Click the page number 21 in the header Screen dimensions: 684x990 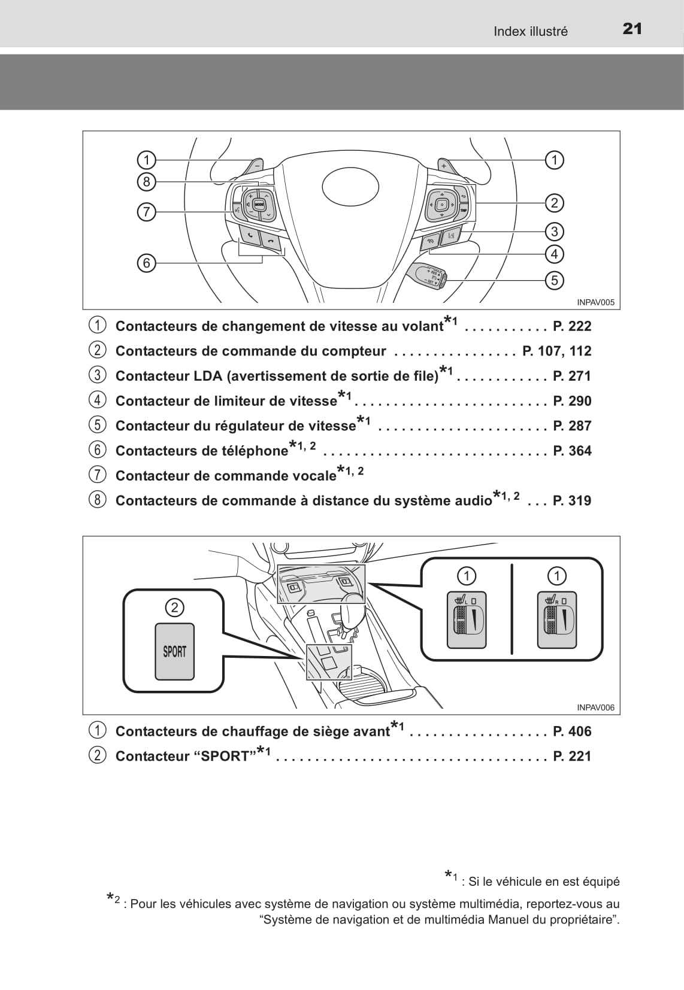632,29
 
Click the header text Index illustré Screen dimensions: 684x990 531,31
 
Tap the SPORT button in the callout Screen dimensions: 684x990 175,651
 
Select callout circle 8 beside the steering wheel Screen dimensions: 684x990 146,181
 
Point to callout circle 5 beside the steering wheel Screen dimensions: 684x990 555,280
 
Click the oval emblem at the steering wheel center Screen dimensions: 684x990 350,186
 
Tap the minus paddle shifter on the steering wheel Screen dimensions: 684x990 253,167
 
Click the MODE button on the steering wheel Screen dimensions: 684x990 259,205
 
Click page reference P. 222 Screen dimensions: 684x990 572,326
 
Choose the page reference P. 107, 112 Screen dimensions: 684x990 557,351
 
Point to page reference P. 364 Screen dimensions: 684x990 572,451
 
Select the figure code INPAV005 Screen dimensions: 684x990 595,303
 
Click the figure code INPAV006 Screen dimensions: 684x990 595,707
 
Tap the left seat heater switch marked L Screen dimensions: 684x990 467,620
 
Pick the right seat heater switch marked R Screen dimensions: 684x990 556,620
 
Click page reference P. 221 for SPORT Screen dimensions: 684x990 572,756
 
